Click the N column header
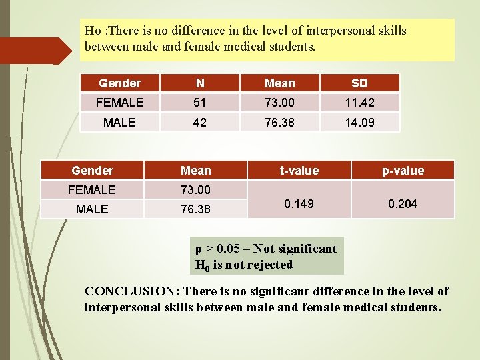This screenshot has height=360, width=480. pos(200,83)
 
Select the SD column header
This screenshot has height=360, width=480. pos(359,83)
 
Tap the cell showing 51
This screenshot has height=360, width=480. pos(200,103)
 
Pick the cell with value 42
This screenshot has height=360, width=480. pos(200,123)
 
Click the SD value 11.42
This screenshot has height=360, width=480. pos(359,103)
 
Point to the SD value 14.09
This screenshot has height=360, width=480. pos(359,123)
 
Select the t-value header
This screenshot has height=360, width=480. pos(299,171)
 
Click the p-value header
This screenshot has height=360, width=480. pos(403,171)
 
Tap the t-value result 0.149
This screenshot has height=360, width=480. pos(299,203)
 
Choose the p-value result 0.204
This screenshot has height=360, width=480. pos(403,203)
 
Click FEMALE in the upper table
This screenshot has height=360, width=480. pos(119,103)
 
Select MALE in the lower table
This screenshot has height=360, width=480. pos(92,209)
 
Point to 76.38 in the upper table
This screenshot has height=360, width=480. pos(279,123)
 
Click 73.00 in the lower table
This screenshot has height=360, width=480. pos(195,190)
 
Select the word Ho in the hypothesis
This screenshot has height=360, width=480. pos(93,31)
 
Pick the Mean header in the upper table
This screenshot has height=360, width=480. pos(279,83)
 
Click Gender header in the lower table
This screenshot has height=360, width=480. pos(92,171)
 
